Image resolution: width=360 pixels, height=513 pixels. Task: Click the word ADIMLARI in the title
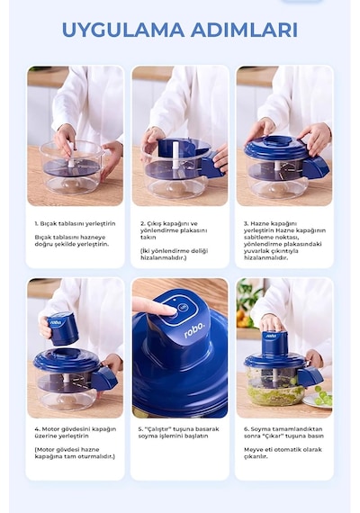click(244, 30)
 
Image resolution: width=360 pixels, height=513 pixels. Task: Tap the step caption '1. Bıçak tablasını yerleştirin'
click(75, 224)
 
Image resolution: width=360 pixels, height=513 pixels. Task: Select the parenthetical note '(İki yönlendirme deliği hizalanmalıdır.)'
click(174, 254)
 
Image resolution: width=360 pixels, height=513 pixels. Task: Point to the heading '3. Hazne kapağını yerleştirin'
click(270, 227)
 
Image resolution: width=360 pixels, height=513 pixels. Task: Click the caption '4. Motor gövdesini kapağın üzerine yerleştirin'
click(76, 433)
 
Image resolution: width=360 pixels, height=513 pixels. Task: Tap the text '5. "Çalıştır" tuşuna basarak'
click(178, 429)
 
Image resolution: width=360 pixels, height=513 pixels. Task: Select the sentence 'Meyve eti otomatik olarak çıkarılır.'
click(283, 453)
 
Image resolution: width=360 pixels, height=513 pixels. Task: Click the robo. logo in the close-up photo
click(194, 330)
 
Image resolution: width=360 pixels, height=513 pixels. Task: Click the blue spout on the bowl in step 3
click(316, 167)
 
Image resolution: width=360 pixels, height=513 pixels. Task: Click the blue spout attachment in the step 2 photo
click(211, 163)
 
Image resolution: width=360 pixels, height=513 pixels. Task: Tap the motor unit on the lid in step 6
click(274, 344)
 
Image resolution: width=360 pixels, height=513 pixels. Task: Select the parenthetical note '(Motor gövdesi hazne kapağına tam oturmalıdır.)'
click(75, 453)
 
